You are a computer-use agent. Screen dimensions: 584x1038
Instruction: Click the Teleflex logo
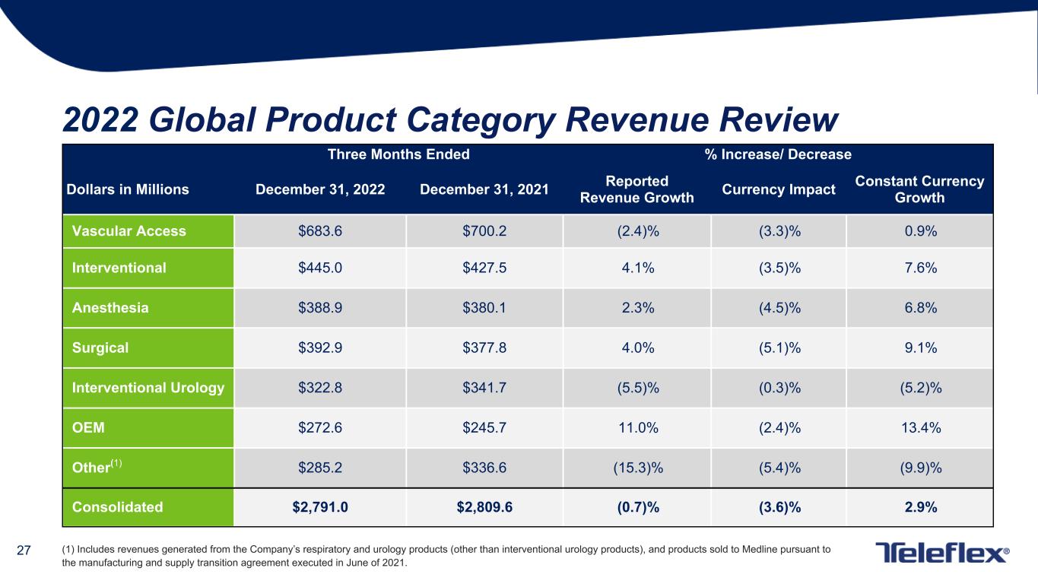(942, 553)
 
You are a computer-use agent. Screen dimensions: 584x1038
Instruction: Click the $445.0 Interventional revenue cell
(320, 268)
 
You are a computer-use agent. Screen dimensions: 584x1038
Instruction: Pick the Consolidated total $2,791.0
(320, 506)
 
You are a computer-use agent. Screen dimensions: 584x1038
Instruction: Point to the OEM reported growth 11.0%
(637, 427)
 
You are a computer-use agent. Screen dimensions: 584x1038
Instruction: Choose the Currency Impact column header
(778, 189)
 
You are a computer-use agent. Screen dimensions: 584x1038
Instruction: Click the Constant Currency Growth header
(919, 189)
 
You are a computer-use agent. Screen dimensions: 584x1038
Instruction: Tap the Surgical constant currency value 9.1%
(919, 348)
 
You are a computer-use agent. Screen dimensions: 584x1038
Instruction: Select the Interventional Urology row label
(148, 388)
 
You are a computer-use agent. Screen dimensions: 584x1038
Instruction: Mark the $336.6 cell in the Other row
(484, 467)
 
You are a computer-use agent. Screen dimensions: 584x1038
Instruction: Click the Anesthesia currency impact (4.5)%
(778, 308)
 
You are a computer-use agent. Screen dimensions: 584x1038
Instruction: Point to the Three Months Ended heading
(398, 154)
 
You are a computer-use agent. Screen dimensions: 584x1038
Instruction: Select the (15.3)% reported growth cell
(637, 467)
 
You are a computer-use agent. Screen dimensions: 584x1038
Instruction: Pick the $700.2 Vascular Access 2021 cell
(484, 231)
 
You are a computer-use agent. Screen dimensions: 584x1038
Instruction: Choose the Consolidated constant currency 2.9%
(919, 506)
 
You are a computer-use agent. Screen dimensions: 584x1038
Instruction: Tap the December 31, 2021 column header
(484, 189)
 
